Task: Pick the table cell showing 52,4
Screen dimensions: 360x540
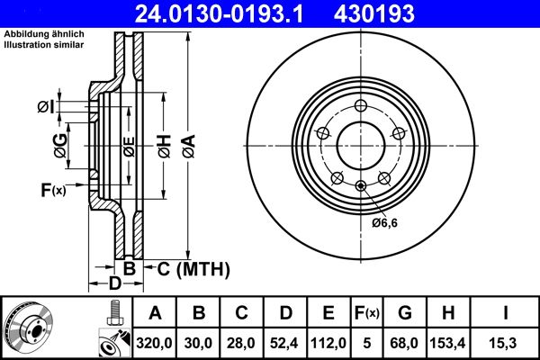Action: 285,342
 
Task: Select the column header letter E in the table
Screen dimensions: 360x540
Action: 328,313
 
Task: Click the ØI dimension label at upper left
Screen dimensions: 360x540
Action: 47,108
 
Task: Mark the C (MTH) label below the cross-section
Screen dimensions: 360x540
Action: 193,268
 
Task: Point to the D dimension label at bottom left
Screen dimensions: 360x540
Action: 114,284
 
